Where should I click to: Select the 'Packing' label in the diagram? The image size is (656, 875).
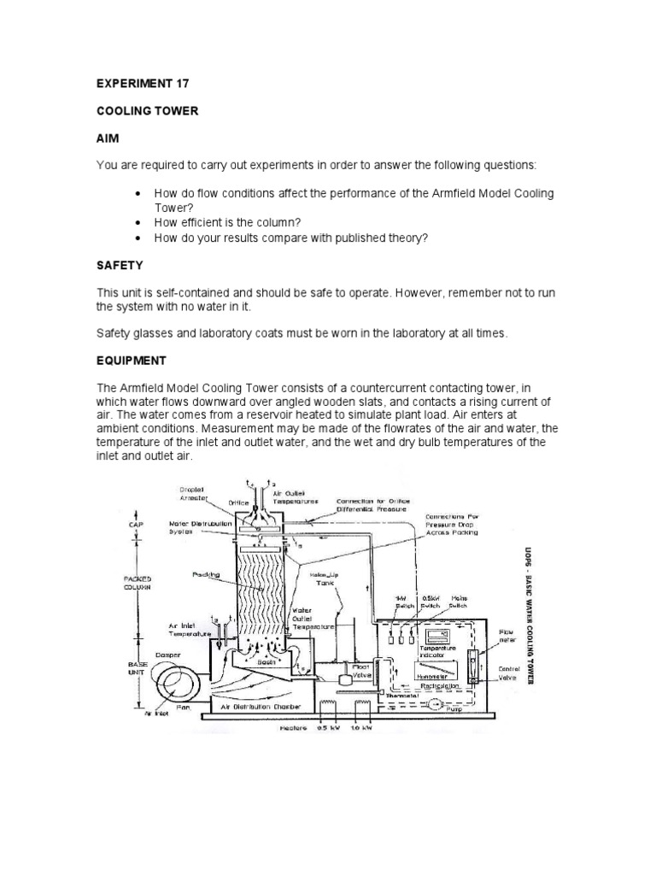(206, 575)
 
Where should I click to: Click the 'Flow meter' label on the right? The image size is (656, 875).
(507, 636)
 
